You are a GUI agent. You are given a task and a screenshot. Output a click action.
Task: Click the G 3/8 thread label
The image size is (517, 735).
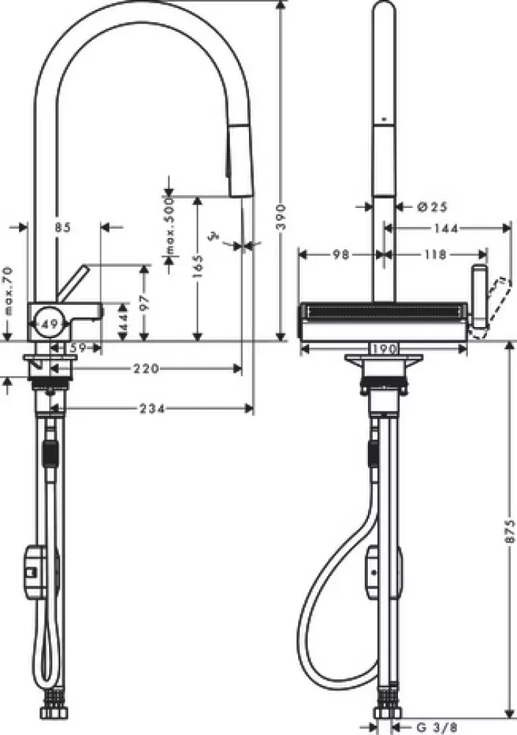tap(433, 727)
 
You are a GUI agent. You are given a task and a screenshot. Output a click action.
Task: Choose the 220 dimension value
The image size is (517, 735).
tap(146, 369)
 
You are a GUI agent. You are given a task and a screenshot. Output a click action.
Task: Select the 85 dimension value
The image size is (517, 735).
tap(62, 228)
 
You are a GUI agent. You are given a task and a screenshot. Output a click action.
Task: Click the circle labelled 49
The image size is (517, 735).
tap(49, 321)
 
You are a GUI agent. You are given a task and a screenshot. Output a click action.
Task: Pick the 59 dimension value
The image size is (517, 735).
tap(77, 348)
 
